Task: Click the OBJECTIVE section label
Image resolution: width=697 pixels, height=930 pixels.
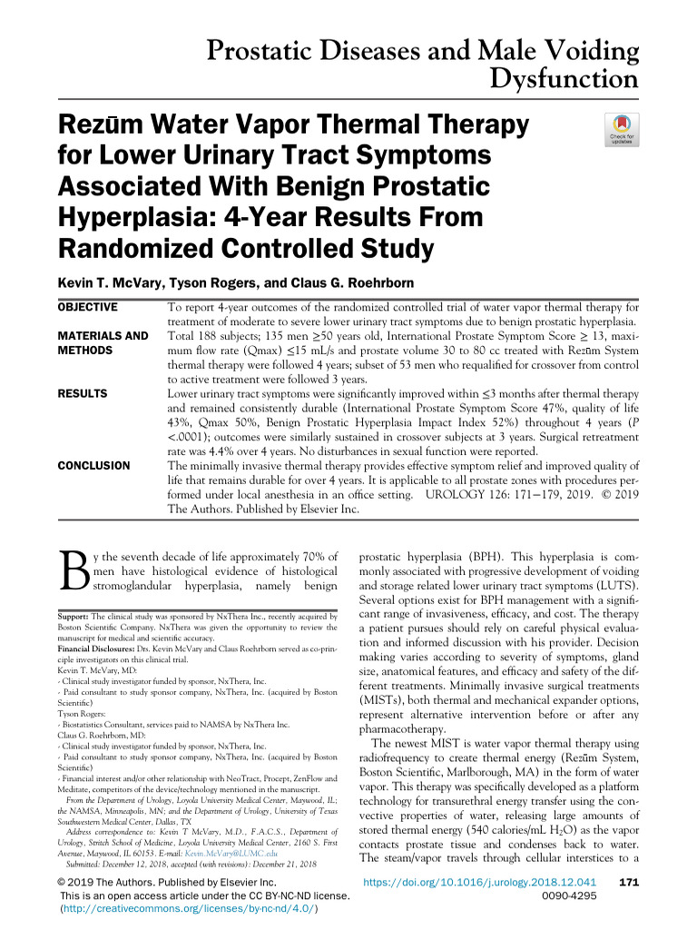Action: coord(88,308)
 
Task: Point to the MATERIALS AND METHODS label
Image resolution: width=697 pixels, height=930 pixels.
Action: coord(103,342)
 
